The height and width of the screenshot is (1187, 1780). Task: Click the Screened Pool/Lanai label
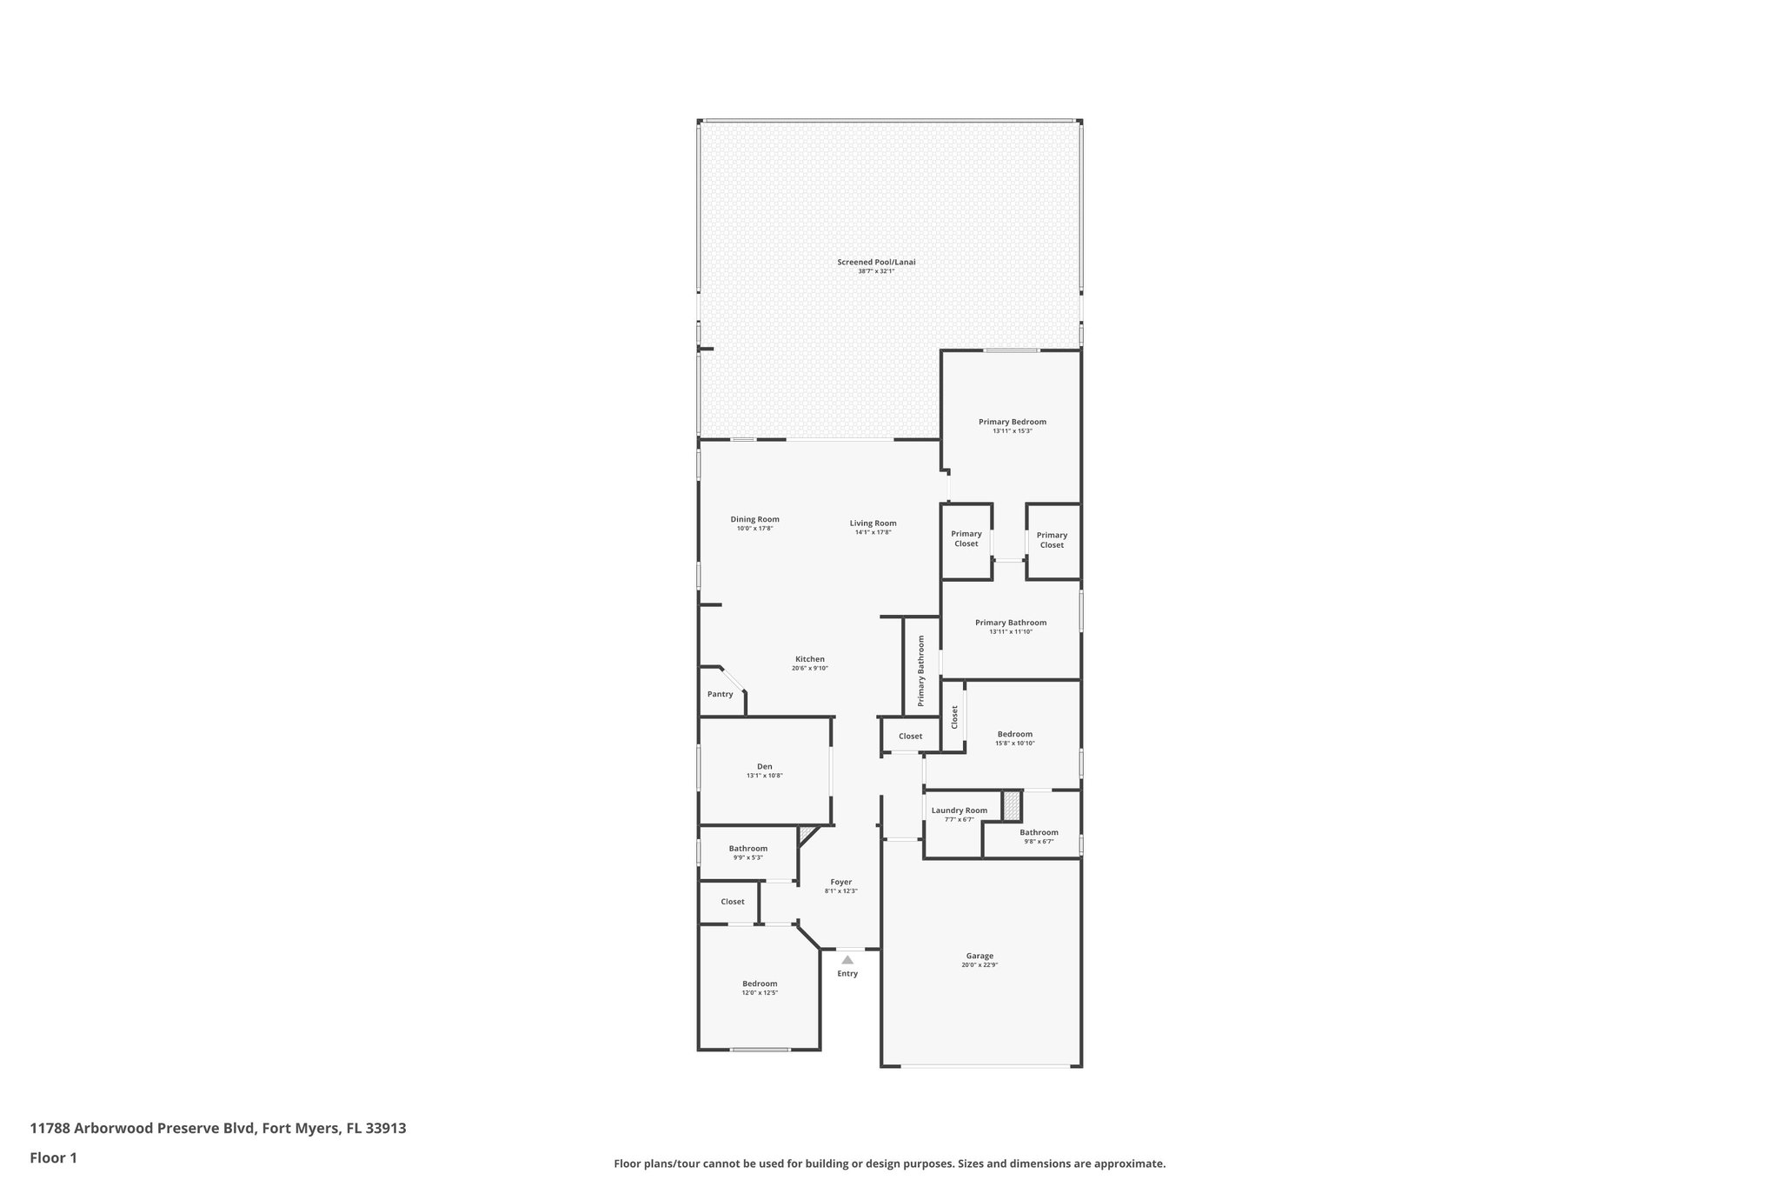pyautogui.click(x=876, y=262)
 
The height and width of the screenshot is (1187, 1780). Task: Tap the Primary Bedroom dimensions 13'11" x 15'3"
pyautogui.click(x=1013, y=431)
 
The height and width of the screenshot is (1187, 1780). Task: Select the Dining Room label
pyautogui.click(x=754, y=519)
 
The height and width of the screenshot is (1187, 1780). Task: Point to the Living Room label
pyautogui.click(x=873, y=523)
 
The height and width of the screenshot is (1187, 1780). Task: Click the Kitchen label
pyautogui.click(x=809, y=659)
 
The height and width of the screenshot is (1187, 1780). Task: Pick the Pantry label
pyautogui.click(x=720, y=694)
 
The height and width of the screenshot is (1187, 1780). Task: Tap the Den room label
pyautogui.click(x=764, y=766)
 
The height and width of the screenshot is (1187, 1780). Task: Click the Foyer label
pyautogui.click(x=840, y=882)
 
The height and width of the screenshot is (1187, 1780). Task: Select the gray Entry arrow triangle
pyautogui.click(x=847, y=960)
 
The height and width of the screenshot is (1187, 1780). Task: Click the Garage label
pyautogui.click(x=980, y=956)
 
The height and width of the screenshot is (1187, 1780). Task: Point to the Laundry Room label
pyautogui.click(x=959, y=810)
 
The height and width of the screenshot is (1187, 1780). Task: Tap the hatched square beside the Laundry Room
pyautogui.click(x=1011, y=805)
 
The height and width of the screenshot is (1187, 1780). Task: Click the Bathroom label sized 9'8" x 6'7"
pyautogui.click(x=1039, y=832)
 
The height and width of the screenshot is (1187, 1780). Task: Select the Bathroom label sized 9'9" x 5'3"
pyautogui.click(x=747, y=849)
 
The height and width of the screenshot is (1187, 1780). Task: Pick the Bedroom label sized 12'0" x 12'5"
pyautogui.click(x=760, y=984)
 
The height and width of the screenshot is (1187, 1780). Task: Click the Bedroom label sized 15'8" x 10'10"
pyautogui.click(x=1014, y=734)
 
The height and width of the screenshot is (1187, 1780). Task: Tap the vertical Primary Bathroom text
pyautogui.click(x=920, y=670)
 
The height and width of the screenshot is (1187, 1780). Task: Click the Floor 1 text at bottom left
pyautogui.click(x=53, y=1158)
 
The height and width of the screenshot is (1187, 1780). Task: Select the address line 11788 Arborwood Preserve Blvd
pyautogui.click(x=217, y=1129)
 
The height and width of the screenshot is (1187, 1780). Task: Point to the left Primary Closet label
pyautogui.click(x=966, y=538)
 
